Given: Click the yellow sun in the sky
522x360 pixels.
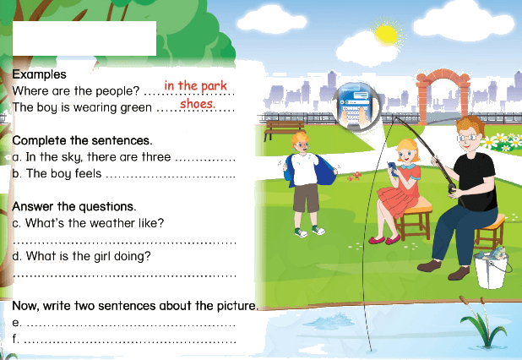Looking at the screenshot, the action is tap(386, 35).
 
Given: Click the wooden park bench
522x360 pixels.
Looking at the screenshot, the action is tap(284, 129).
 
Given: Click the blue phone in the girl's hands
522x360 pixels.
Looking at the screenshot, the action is tap(393, 169).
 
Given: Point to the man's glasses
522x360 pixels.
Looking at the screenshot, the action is tap(468, 137).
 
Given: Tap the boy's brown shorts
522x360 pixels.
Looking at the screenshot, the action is tap(306, 198).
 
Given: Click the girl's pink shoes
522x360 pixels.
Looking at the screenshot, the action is tap(385, 239).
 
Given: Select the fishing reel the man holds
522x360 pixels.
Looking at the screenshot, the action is tap(452, 188).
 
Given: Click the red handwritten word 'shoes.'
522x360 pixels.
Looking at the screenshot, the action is tap(198, 104).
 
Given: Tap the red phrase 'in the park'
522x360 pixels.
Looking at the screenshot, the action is tap(195, 86).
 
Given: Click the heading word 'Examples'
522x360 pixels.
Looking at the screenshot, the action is tap(40, 74).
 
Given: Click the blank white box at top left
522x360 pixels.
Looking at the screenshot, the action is tap(84, 38).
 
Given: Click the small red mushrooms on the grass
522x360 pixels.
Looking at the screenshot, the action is tap(354, 176).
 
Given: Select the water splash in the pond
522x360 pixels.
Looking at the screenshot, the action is tap(329, 319).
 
